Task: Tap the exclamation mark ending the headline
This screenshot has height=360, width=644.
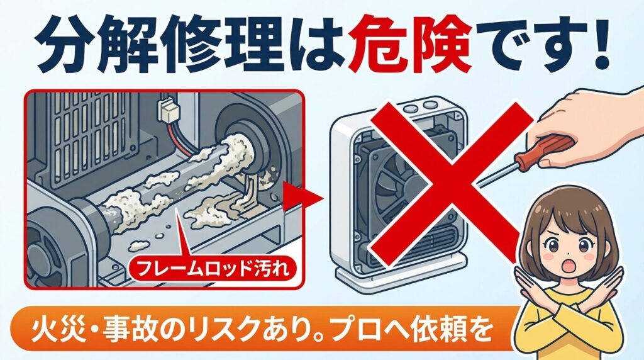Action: pos(600,48)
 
